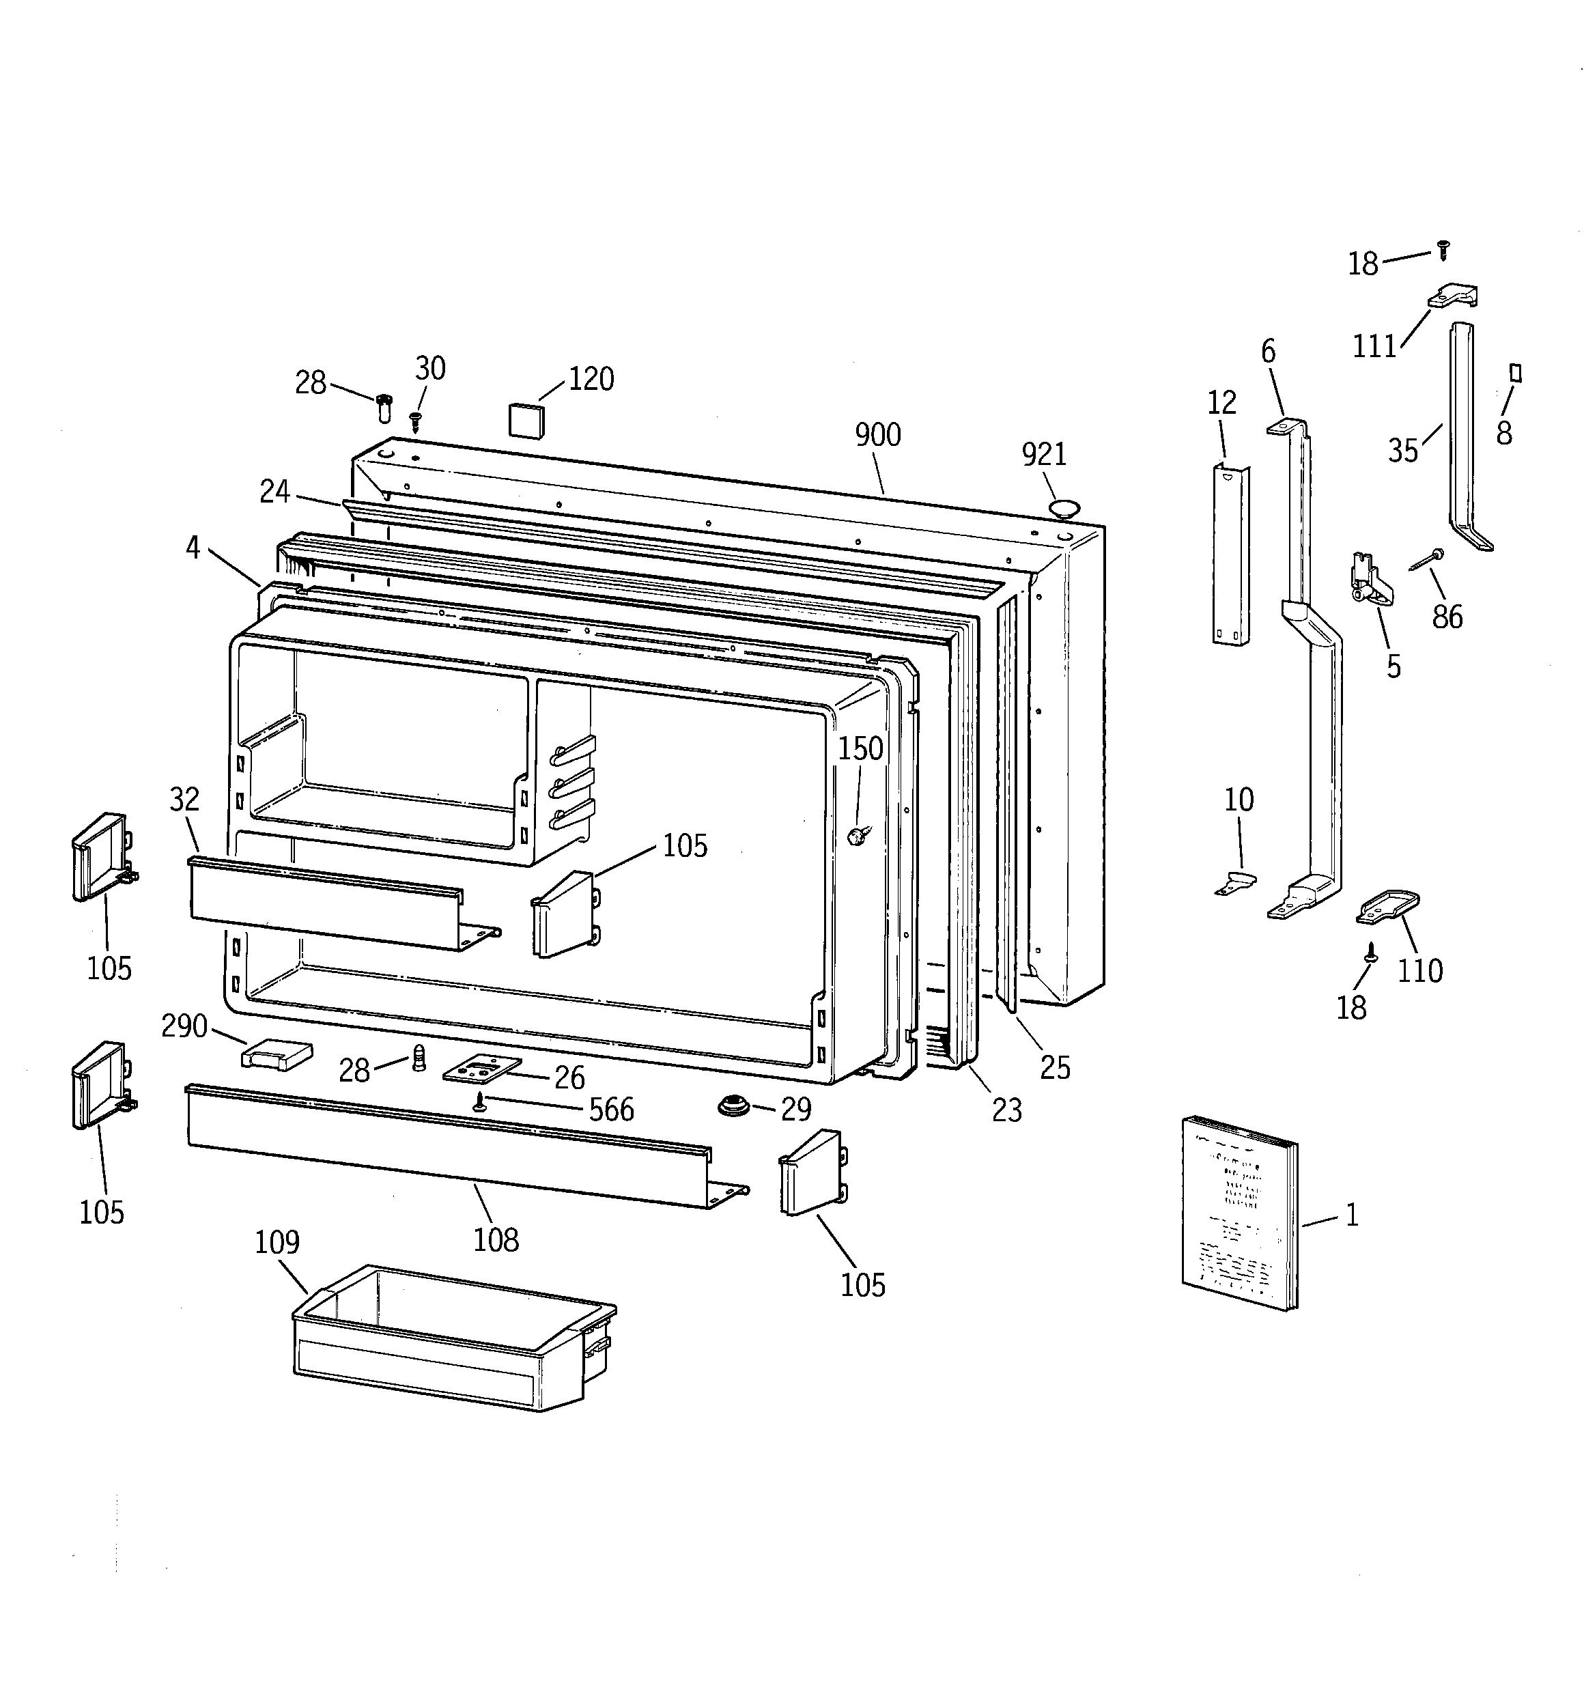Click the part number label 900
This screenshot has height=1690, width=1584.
click(877, 435)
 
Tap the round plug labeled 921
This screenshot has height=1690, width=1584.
click(1064, 509)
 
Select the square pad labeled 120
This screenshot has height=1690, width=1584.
click(526, 420)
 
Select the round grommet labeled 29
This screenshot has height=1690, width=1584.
click(731, 1106)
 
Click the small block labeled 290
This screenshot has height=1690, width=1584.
click(277, 1054)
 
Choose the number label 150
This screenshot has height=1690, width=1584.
click(860, 749)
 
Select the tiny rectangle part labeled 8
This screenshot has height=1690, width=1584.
click(1514, 374)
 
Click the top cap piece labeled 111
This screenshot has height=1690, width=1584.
click(1453, 296)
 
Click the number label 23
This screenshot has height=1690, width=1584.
click(1006, 1110)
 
